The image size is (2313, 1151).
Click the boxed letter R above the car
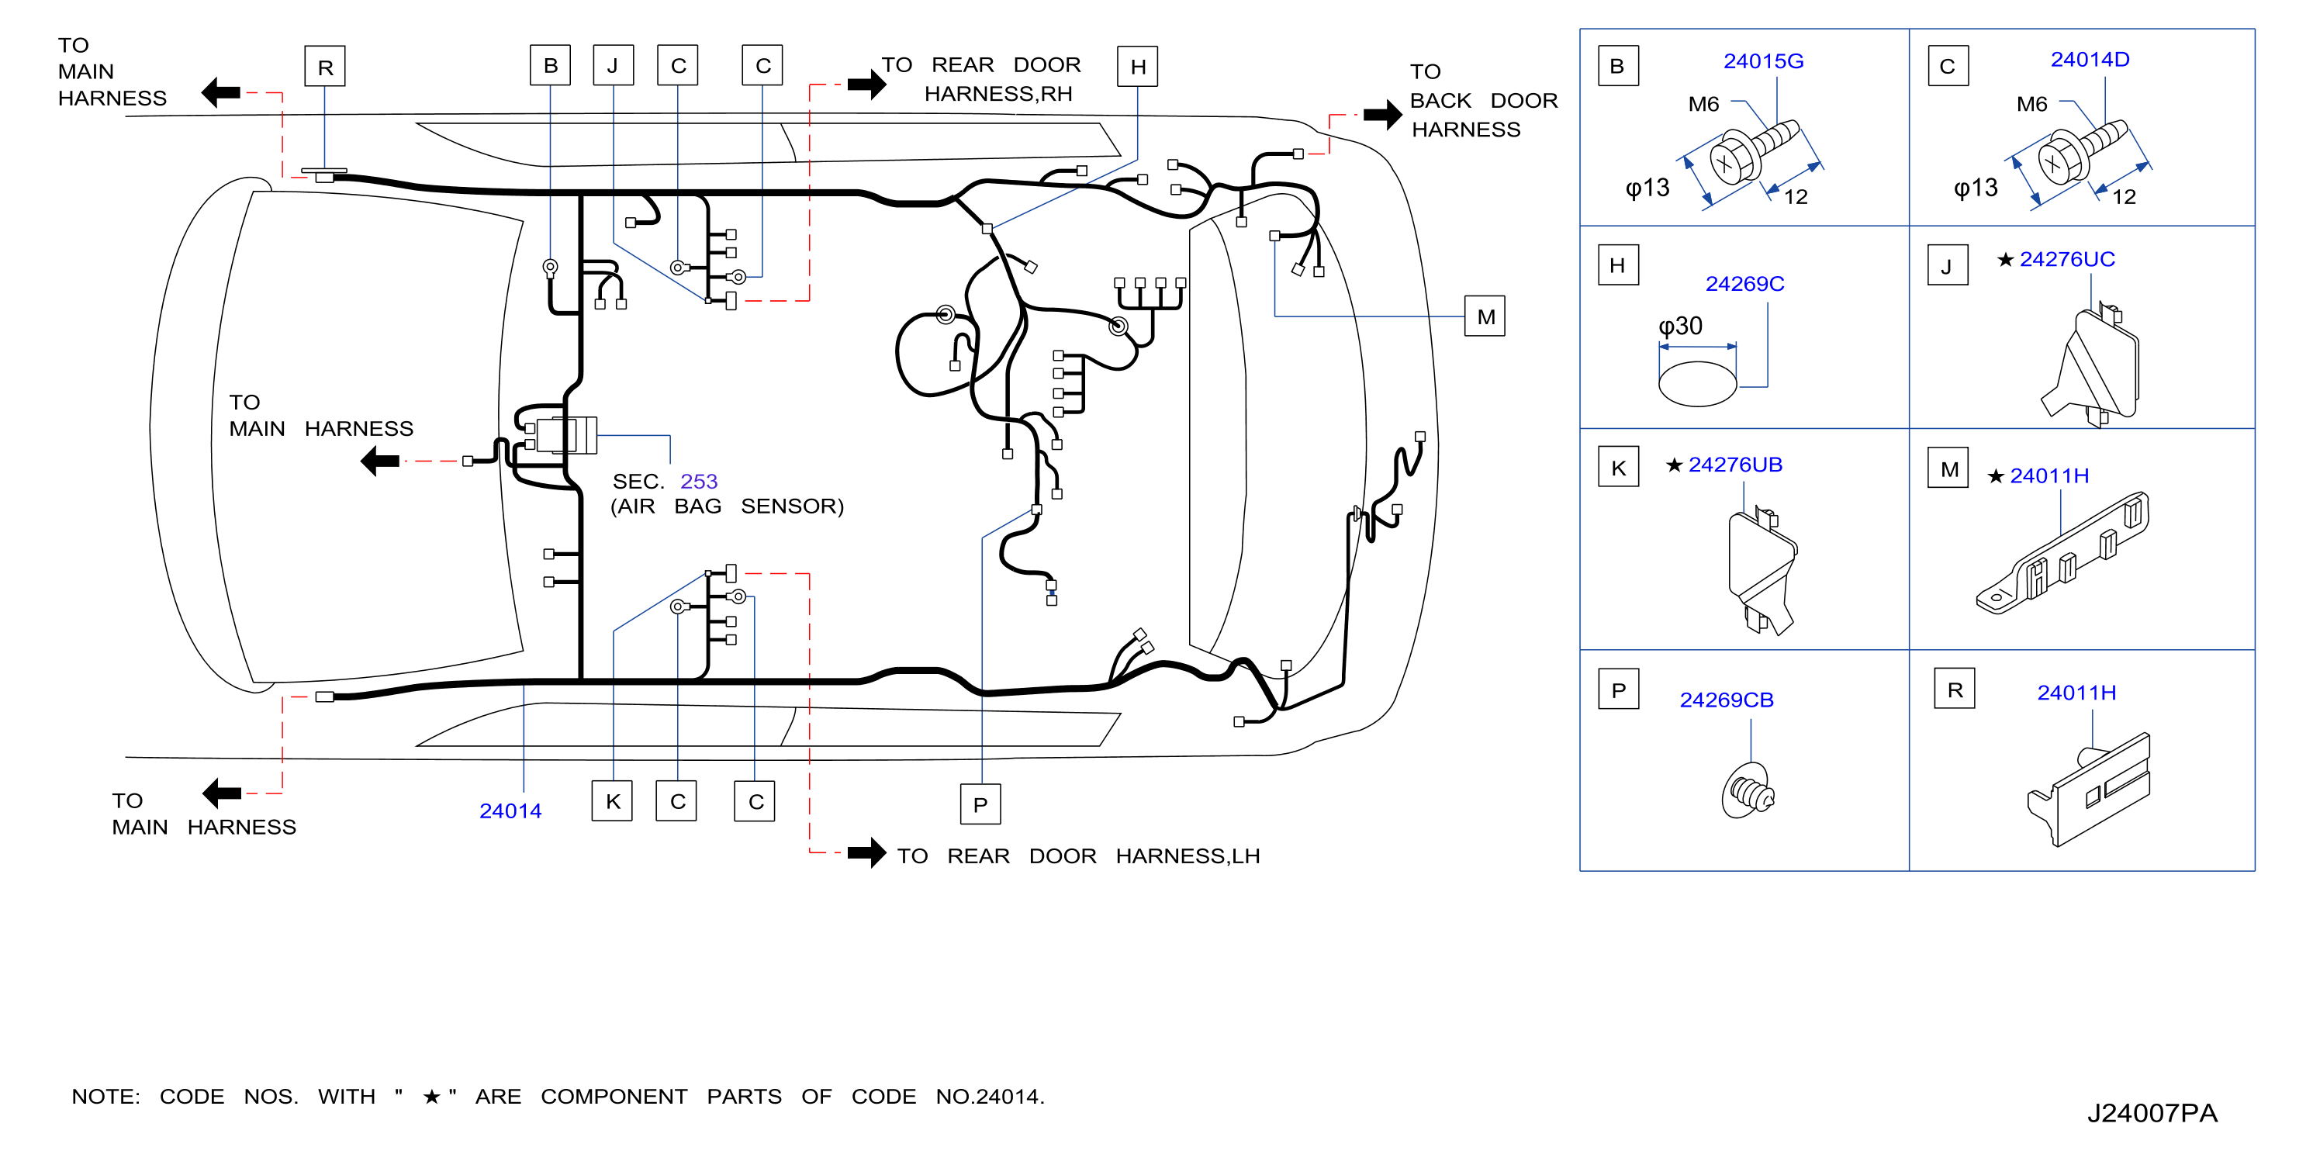tap(325, 67)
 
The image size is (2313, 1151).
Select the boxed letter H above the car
tap(1138, 67)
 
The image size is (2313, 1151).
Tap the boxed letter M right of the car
tap(1485, 316)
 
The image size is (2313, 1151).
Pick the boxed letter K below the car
tap(612, 801)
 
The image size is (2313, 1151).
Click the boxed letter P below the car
tap(980, 804)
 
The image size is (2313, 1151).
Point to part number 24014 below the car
tap(510, 811)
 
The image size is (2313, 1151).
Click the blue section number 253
tap(699, 481)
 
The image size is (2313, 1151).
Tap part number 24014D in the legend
tap(2090, 59)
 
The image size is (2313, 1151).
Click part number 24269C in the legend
tap(1744, 284)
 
